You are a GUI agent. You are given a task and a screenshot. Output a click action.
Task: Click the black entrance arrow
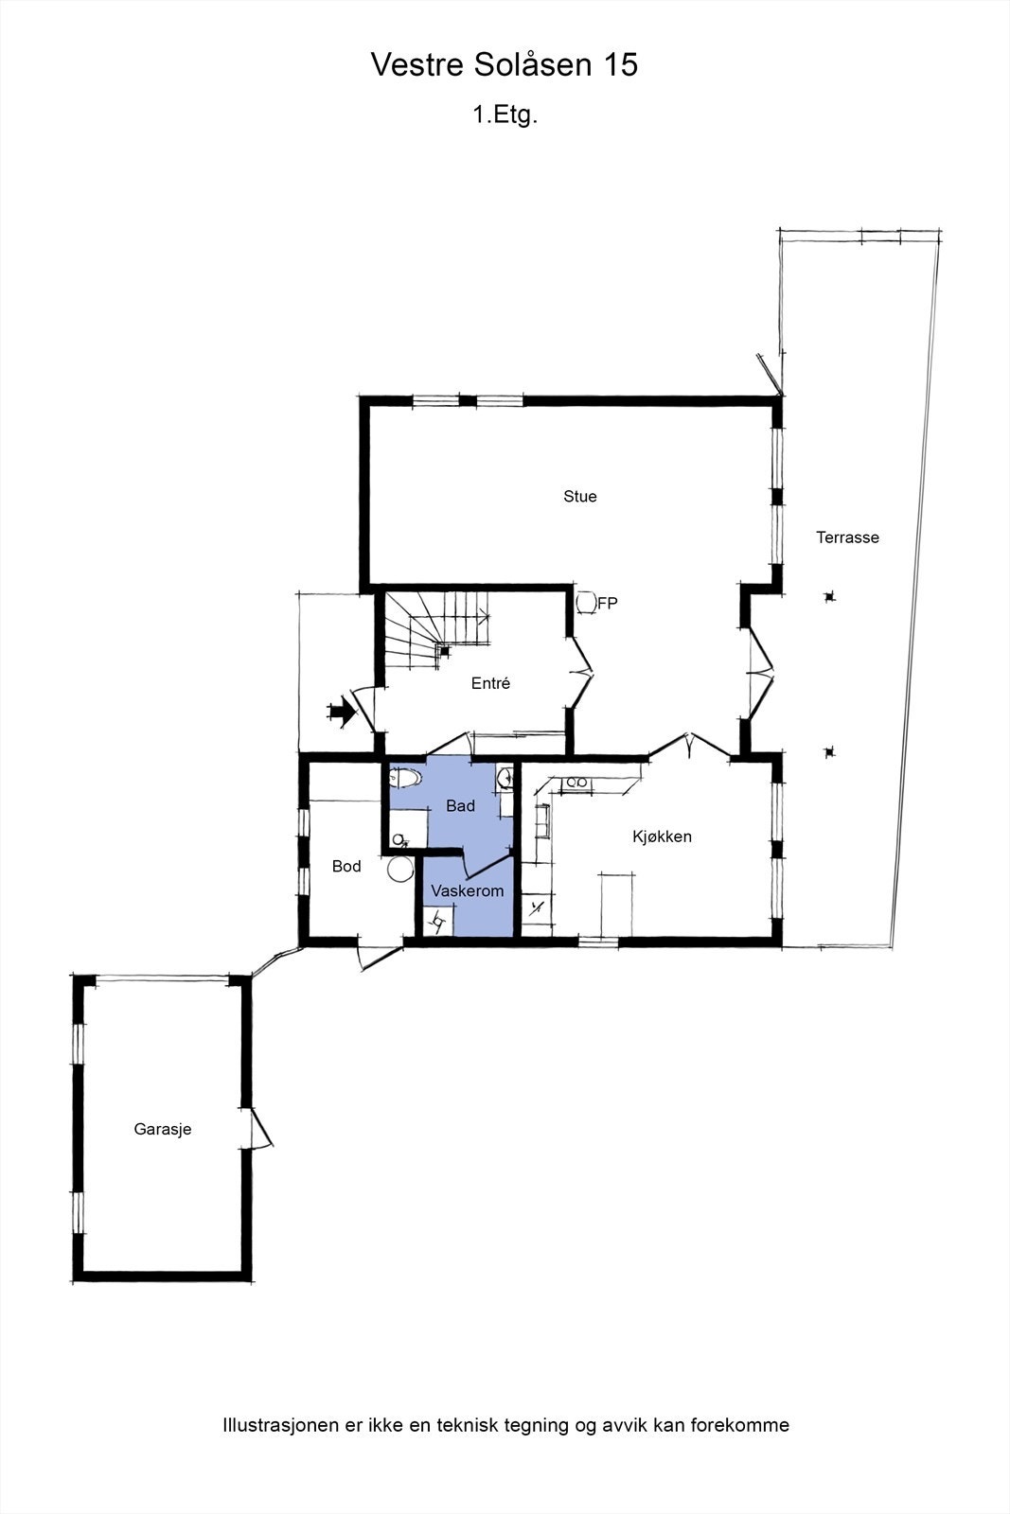[x=339, y=712]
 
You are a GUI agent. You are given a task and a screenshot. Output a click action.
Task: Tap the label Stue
[x=580, y=497]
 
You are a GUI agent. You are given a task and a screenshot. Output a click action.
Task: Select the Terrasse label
[x=848, y=537]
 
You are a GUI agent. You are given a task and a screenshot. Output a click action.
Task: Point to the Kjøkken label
[x=663, y=836]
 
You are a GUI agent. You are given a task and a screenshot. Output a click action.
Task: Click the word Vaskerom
[x=468, y=891]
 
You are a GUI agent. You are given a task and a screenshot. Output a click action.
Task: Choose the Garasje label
[x=163, y=1129]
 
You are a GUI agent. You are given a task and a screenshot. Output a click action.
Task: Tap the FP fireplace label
[x=608, y=603]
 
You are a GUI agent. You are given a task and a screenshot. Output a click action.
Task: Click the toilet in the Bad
[x=404, y=777]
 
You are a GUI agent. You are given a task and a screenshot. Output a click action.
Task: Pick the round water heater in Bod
[x=401, y=869]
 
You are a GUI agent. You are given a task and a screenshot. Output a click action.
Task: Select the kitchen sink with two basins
[x=576, y=783]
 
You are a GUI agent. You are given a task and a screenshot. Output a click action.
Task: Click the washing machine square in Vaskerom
[x=438, y=921]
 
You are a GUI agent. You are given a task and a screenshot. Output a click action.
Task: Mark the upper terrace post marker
[x=830, y=597]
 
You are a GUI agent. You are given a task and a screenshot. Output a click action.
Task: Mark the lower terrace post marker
[x=830, y=752]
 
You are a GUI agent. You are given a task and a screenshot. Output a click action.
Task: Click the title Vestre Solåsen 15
[x=505, y=65]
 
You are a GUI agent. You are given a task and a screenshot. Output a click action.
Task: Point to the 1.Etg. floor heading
[x=505, y=115]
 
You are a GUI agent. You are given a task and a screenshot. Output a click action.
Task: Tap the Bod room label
[x=346, y=867]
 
